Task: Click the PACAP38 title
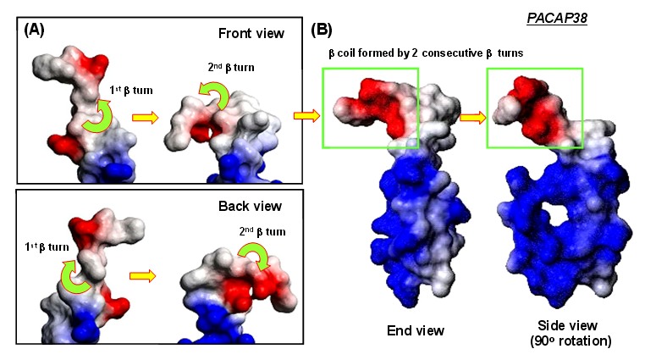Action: tap(557, 18)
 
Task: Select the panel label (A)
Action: tap(34, 30)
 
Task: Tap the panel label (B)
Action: tap(322, 30)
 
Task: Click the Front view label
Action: tap(251, 33)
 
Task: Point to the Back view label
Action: tap(250, 206)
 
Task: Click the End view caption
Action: tap(416, 330)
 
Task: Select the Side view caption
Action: tap(567, 325)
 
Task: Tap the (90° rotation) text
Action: tap(571, 341)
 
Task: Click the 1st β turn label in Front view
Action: tap(131, 90)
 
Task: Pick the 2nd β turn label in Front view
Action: tap(231, 67)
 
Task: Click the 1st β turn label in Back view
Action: tap(47, 246)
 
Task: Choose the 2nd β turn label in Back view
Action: tap(262, 231)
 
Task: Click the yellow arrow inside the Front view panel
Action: tap(146, 118)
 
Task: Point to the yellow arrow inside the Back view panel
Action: tap(142, 275)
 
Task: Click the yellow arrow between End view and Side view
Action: tap(472, 118)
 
